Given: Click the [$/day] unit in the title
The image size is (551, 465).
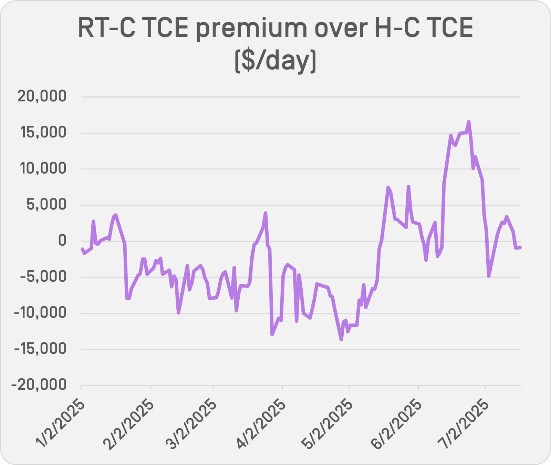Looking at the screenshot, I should coord(275,60).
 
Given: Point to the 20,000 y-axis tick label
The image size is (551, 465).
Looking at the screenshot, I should coord(42,97).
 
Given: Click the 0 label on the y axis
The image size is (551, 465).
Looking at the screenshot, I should coord(62,241).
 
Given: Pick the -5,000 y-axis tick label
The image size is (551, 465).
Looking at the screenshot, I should coord(43,277).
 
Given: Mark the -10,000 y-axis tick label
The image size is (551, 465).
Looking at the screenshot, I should coord(39,313).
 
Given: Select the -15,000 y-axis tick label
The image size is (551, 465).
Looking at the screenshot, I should coord(39,349).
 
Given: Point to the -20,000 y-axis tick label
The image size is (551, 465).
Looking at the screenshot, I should coord(39,385).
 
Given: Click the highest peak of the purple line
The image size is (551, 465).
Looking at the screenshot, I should coord(469,121).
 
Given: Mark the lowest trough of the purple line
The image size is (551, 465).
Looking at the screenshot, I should coord(341,340).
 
